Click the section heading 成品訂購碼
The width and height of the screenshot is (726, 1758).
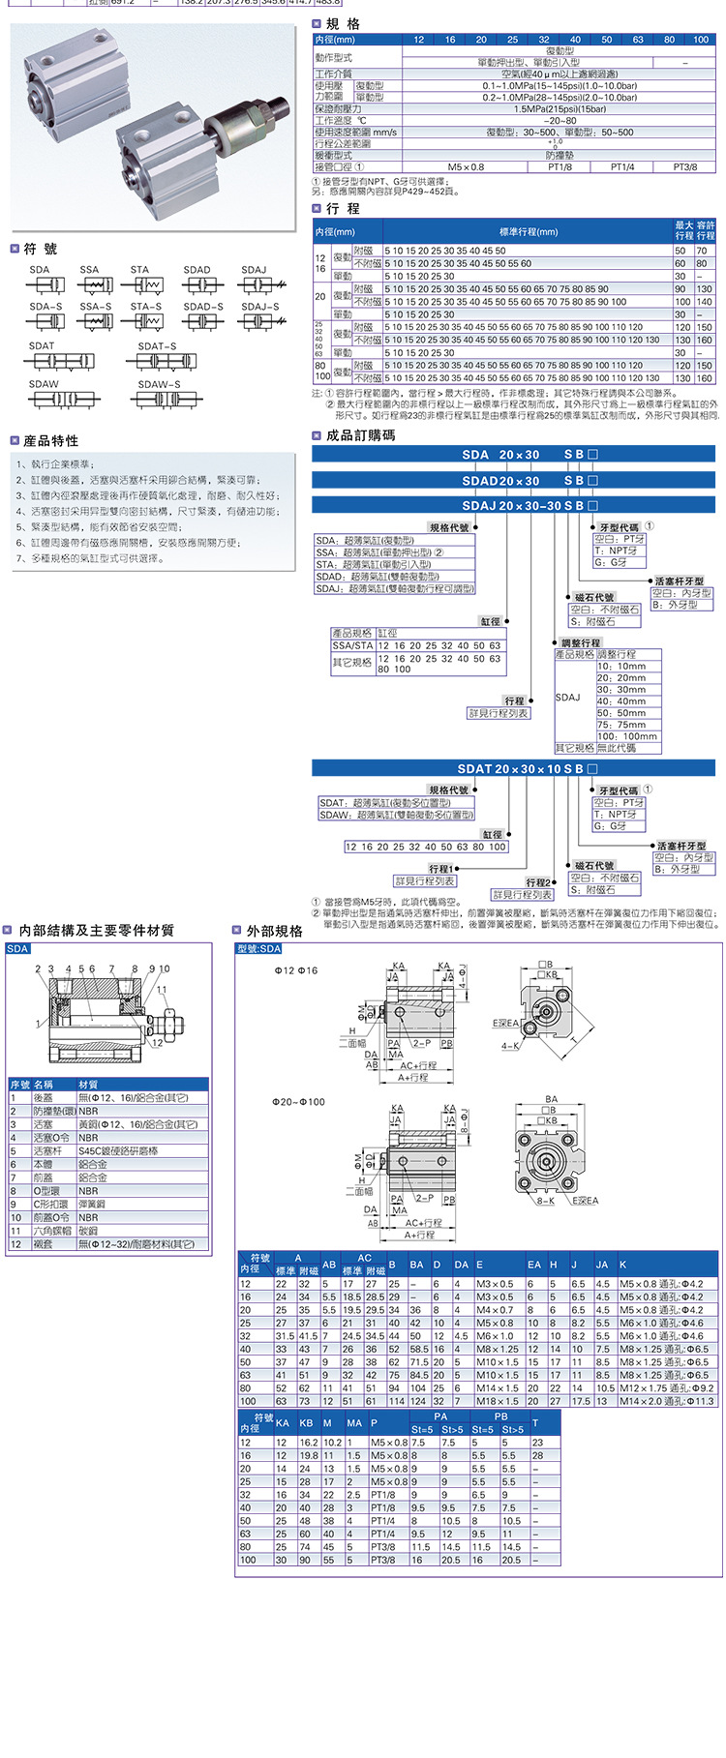[x=360, y=435]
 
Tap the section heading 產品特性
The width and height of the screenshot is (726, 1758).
[x=51, y=441]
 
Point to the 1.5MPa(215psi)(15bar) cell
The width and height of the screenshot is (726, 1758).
[x=560, y=109]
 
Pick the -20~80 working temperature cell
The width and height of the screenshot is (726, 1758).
[x=560, y=121]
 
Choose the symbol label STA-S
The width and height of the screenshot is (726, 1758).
[x=147, y=307]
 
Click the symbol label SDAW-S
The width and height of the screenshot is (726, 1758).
[x=159, y=384]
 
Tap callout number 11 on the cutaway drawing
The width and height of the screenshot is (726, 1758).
[x=162, y=990]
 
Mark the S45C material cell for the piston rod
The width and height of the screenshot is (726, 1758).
[x=118, y=1151]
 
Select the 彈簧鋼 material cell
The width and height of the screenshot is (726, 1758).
[x=93, y=1205]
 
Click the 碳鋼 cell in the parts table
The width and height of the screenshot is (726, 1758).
[x=88, y=1231]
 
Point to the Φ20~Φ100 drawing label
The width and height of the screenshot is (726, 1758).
[x=298, y=1102]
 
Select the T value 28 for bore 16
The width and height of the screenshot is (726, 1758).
[x=538, y=1455]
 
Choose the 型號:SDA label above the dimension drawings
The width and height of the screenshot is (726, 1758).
[x=258, y=948]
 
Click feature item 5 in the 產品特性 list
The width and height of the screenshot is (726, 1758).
[x=99, y=527]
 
